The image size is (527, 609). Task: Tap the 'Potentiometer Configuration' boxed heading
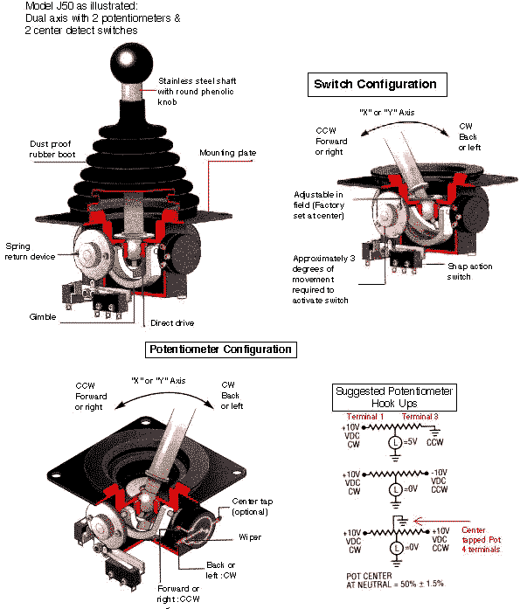[x=220, y=349]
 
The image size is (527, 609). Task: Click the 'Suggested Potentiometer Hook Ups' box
[x=394, y=398]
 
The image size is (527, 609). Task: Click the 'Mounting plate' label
[x=228, y=152]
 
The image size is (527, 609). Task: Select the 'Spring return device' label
[x=31, y=252]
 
